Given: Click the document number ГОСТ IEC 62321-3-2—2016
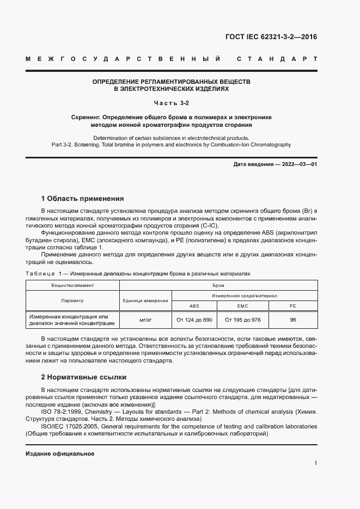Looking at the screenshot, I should click(271, 37).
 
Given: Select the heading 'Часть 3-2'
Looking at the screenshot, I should click(172, 103).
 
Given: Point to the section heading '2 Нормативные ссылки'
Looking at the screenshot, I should click(83, 377).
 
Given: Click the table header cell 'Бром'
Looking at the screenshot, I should click(218, 285).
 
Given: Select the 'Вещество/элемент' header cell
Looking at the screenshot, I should click(72, 285).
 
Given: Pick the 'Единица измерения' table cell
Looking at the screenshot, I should click(145, 301).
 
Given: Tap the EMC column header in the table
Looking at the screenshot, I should click(242, 305).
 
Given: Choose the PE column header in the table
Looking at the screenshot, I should click(293, 305).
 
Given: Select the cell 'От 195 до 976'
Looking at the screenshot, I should click(242, 320).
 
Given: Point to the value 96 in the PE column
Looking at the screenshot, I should click(293, 320).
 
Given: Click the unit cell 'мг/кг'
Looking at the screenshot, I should click(145, 320).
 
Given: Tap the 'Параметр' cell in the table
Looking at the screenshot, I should click(72, 301).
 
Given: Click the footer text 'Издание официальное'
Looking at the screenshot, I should click(60, 453).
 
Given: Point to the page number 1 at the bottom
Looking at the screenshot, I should click(316, 463).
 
